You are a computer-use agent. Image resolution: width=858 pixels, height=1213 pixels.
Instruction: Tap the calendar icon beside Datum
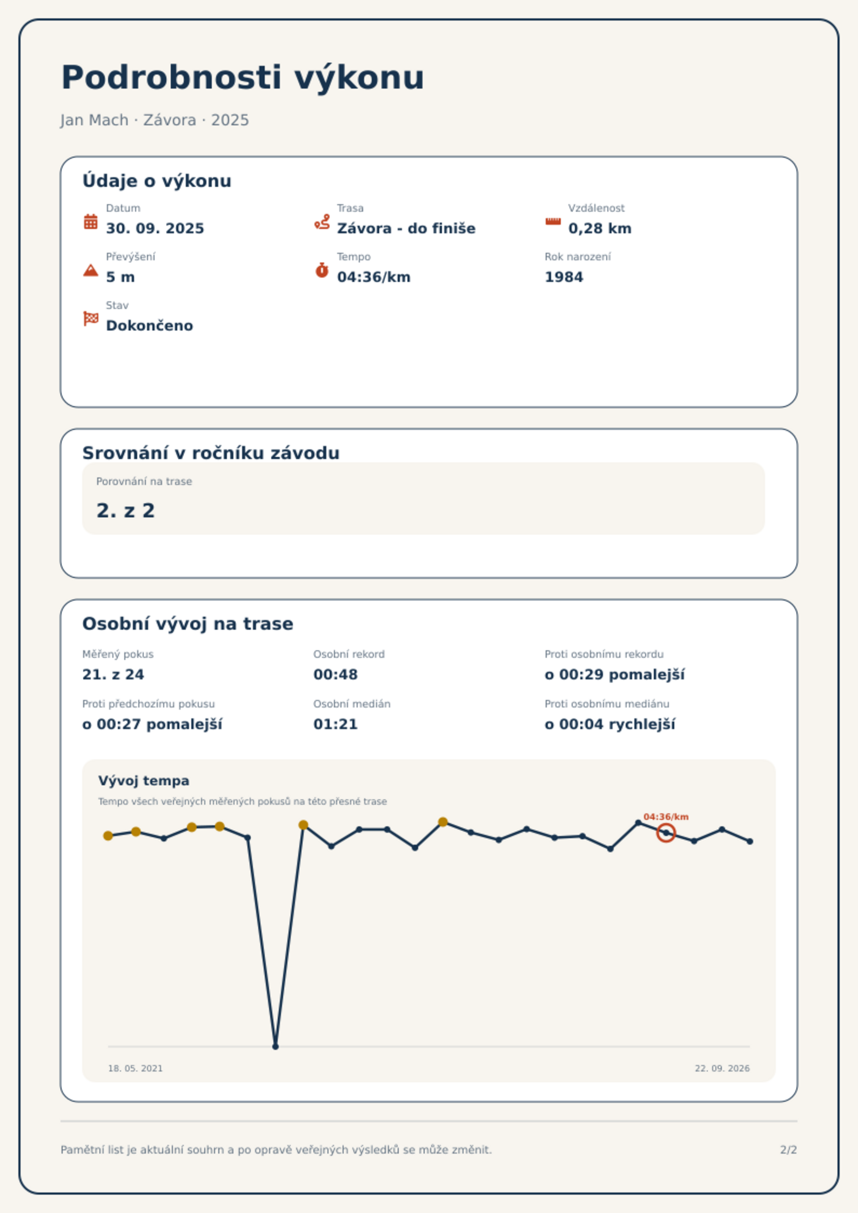91,221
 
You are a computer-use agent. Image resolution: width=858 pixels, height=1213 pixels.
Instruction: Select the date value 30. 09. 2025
155,228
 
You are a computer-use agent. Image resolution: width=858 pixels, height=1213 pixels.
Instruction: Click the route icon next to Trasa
322,221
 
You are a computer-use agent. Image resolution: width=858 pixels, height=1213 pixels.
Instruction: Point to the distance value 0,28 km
600,228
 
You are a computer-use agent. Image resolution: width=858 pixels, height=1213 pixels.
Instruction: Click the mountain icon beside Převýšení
91,270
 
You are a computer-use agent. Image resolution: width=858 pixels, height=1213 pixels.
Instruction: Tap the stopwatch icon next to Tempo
322,270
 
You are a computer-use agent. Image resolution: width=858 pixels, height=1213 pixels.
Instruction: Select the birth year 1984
564,277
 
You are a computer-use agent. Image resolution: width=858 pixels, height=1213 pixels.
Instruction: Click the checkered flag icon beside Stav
91,319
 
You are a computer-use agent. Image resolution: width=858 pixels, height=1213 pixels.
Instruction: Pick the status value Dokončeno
150,326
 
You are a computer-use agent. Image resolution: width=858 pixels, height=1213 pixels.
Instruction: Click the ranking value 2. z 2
126,510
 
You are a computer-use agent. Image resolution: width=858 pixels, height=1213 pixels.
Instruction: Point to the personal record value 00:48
336,675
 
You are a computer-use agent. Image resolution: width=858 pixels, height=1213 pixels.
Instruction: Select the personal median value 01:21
336,724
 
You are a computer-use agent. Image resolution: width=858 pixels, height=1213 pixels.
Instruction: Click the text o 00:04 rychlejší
610,724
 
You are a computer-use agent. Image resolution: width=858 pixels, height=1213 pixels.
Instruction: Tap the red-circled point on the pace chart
666,833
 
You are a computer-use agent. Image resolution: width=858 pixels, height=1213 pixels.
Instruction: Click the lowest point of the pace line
276,1047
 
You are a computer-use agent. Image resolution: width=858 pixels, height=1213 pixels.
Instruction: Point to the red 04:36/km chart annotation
666,817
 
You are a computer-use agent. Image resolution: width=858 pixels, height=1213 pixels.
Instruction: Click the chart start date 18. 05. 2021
135,1068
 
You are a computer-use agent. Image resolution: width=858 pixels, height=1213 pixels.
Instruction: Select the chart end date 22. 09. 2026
722,1068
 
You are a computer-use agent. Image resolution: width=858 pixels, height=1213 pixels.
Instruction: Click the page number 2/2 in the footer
789,1150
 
